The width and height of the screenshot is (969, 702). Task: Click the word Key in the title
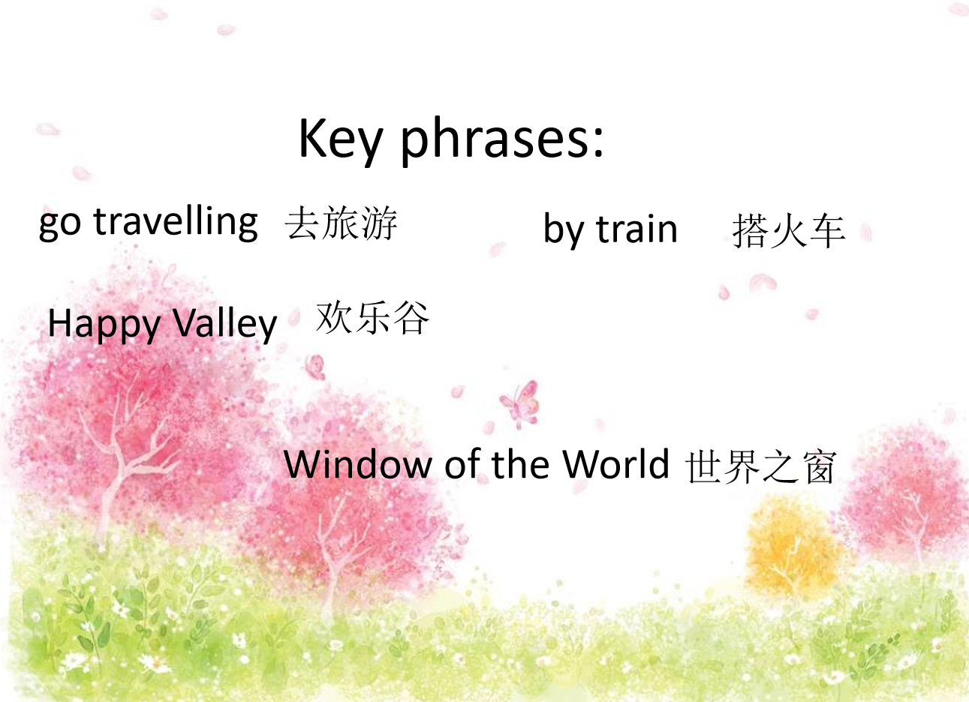(x=341, y=140)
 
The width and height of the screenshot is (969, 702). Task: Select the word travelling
(x=176, y=223)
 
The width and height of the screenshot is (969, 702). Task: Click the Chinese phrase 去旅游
(x=341, y=223)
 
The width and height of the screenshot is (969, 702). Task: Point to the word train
(x=636, y=229)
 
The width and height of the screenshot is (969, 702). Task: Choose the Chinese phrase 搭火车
(x=789, y=231)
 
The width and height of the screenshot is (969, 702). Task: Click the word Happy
(x=104, y=325)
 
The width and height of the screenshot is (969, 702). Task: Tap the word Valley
(x=224, y=325)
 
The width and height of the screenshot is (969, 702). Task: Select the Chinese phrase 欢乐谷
(x=372, y=319)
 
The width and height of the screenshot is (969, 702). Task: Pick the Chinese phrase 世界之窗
(x=760, y=467)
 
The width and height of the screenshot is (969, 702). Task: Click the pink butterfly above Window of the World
(x=520, y=403)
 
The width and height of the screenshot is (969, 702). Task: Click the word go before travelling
(x=60, y=225)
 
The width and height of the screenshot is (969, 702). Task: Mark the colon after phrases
(x=597, y=141)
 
